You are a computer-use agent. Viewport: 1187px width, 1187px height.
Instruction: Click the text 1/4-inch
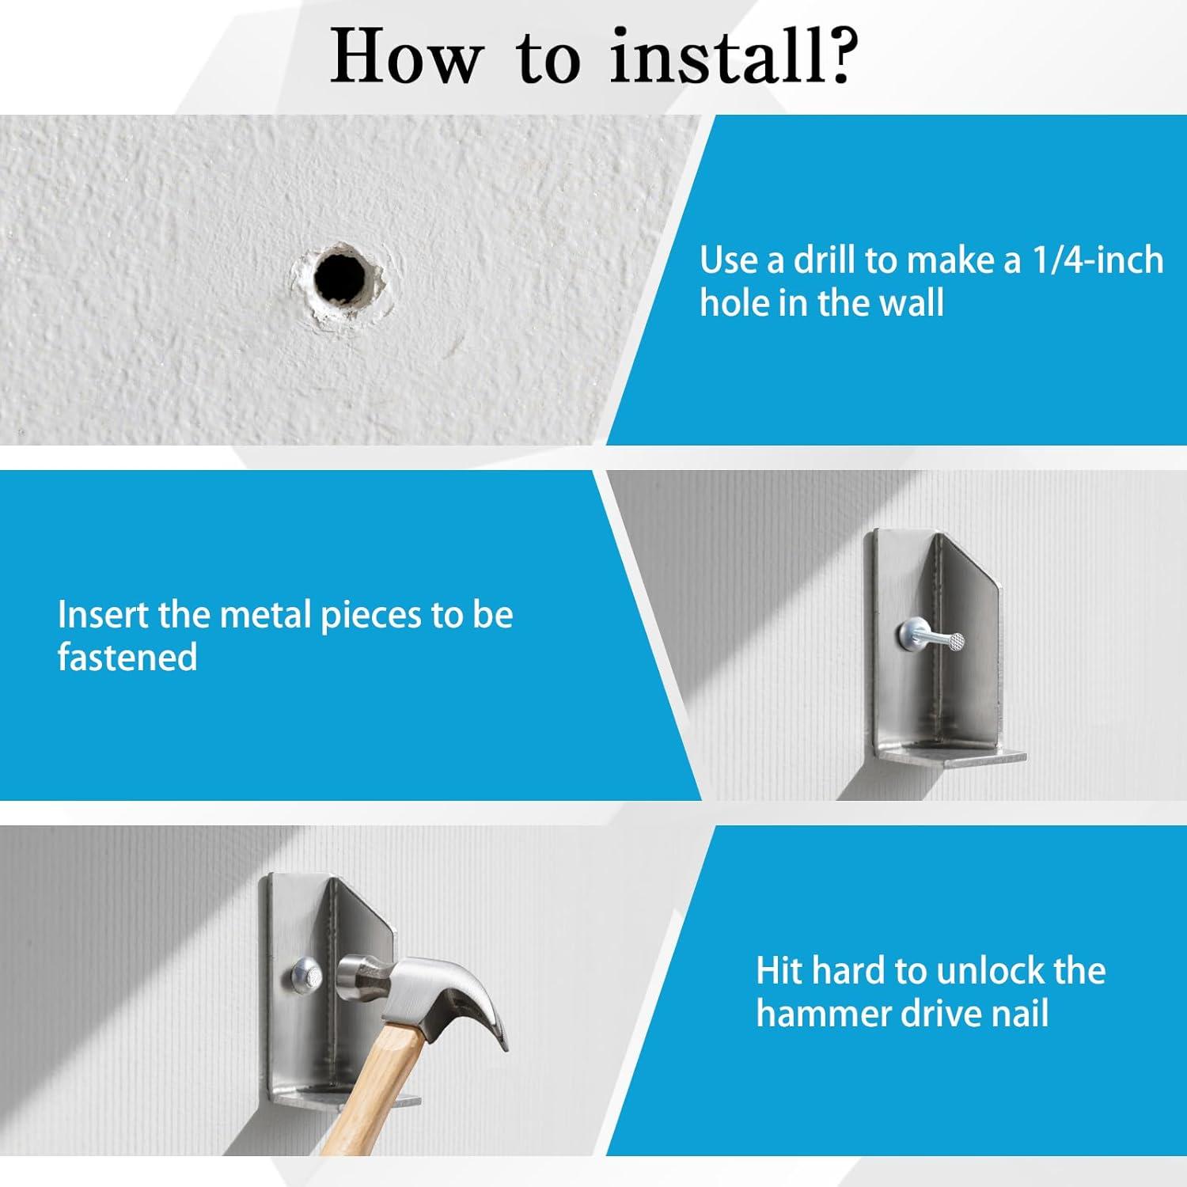coord(1098,260)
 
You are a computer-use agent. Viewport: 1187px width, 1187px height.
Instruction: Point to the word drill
coord(827,260)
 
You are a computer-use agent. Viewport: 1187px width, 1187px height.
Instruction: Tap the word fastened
coord(127,657)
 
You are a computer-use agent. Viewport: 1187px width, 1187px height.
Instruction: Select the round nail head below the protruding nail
coord(909,633)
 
